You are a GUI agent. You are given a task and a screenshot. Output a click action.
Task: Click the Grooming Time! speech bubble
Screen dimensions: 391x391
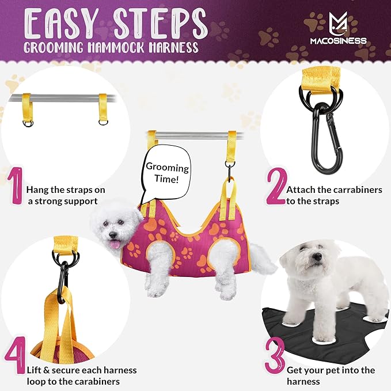[x=166, y=174]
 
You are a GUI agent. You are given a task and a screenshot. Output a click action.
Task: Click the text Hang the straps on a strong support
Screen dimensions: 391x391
[x=65, y=195]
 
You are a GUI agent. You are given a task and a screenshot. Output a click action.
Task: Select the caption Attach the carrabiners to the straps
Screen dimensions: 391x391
[x=333, y=195]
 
